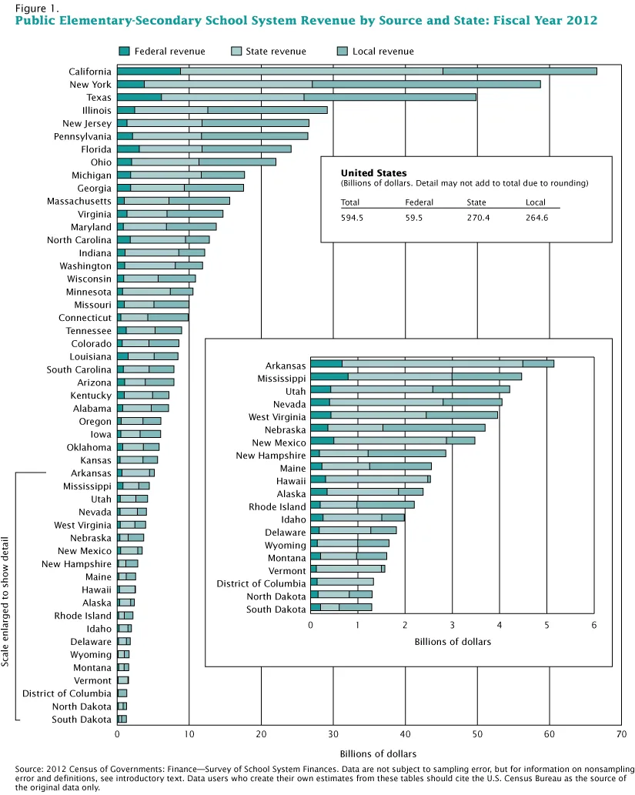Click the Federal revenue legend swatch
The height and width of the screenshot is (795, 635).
coord(124,52)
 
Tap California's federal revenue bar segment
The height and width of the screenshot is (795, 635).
coord(149,72)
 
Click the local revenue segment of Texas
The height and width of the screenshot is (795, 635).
coord(389,98)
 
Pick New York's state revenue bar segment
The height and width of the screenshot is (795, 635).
coord(228,85)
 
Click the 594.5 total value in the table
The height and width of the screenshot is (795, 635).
coord(352,218)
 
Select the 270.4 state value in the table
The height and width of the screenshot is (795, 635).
coord(477,218)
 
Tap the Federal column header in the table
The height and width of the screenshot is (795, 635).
coord(419,203)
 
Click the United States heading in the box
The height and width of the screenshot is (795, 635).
coord(373,174)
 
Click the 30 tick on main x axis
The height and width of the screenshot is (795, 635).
coord(333,735)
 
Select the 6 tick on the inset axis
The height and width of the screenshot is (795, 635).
coord(593,624)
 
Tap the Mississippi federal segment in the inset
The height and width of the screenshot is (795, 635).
coord(329,376)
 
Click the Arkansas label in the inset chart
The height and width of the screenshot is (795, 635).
coord(286,366)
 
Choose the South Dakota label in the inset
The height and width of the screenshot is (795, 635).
coord(276,610)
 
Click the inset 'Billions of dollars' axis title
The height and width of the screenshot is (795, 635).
coord(452,641)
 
